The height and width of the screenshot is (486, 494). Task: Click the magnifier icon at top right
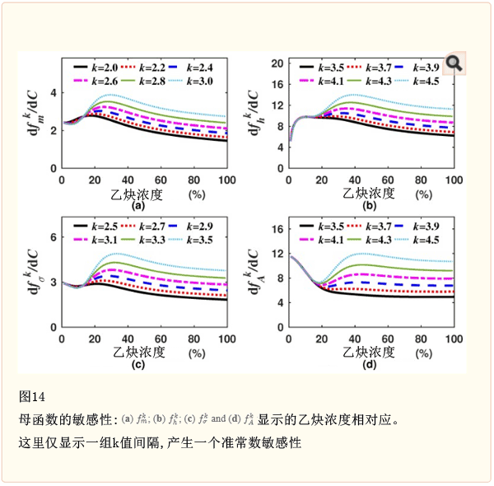coord(454,63)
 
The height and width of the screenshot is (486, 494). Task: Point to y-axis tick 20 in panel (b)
coord(277,63)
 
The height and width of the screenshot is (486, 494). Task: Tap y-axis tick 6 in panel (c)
coord(53,237)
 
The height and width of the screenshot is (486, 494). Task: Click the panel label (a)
coord(138,206)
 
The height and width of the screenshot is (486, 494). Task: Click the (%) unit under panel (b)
coord(423,194)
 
